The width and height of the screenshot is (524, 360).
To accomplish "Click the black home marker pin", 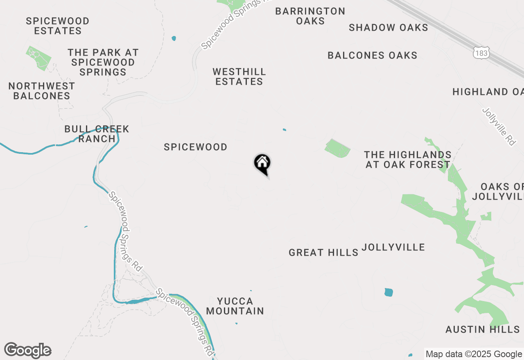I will point(262,164).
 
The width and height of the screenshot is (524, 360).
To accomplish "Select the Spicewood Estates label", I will point(58,26).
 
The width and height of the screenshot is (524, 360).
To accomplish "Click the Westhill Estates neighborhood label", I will point(239,76).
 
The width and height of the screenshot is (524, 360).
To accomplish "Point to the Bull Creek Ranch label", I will point(97,134).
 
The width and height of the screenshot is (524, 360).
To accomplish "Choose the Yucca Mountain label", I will point(235,306).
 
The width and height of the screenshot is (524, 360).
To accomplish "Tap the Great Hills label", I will point(323,253).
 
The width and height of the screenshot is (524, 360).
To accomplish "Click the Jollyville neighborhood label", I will point(393,248).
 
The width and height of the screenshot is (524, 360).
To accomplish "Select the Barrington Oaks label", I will point(310,16).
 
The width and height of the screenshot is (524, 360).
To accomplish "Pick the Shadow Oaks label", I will point(388,28).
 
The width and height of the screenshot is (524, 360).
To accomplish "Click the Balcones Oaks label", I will point(373,56).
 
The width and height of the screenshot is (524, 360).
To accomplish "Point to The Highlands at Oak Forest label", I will point(408,160).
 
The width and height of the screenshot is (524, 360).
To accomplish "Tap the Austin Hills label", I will point(483,329).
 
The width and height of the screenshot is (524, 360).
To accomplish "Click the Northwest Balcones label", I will point(42,91).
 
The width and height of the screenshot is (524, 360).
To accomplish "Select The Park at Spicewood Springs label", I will point(103,62).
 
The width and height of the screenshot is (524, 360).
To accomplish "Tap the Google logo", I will point(28,351).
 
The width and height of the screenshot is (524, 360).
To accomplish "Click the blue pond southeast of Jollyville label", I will point(388,292).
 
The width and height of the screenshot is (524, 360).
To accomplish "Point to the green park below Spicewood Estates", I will point(39,57).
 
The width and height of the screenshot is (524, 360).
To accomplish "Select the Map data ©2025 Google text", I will point(474,354).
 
